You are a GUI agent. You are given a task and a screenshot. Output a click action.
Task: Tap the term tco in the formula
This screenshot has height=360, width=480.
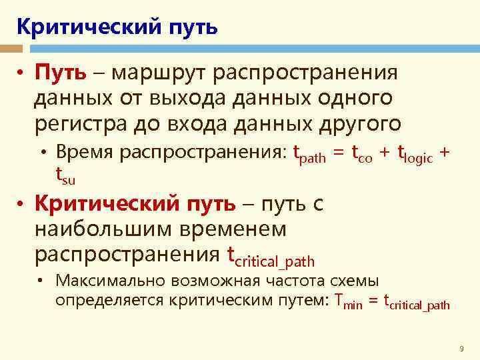(365, 155)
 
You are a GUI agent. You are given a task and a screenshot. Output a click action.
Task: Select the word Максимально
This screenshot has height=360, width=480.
(110, 281)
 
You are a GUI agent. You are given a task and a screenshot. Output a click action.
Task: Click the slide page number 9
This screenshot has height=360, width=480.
(461, 349)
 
